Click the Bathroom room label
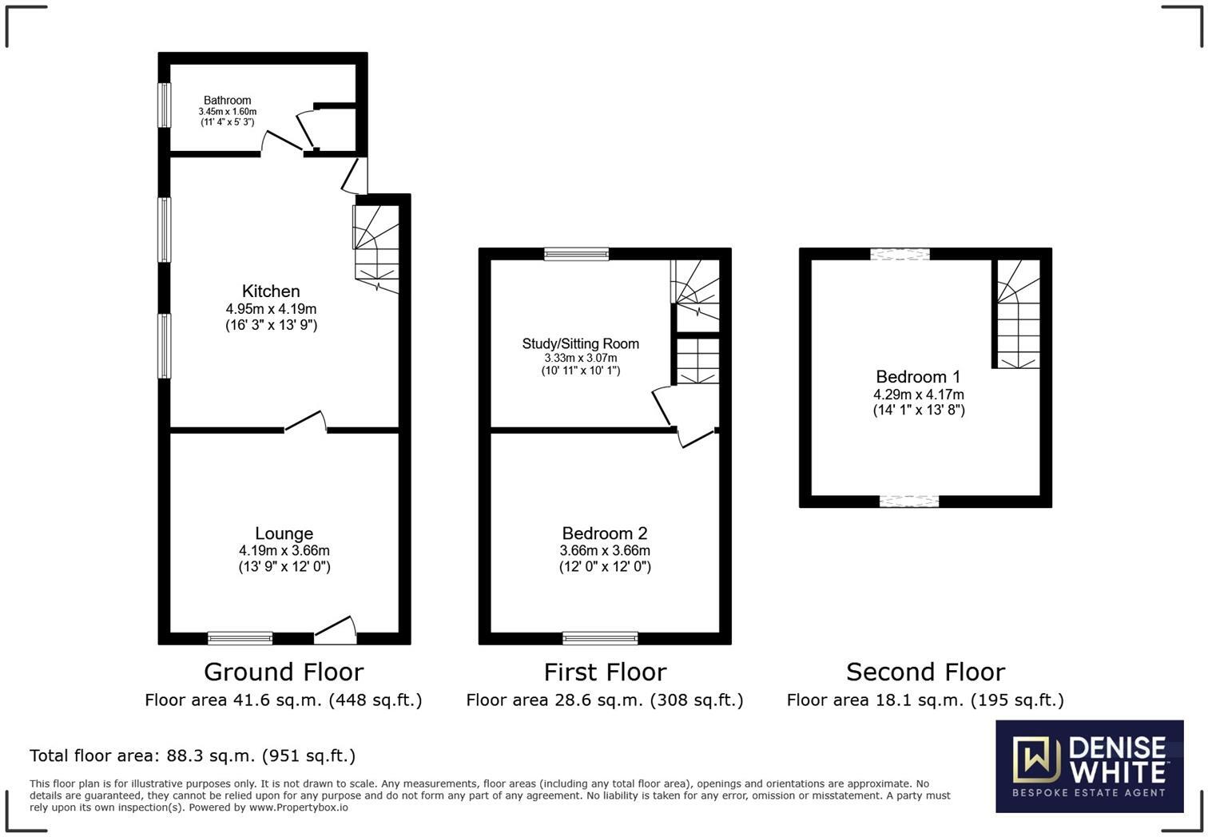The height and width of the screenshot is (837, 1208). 227,101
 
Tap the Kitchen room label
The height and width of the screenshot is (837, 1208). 271,292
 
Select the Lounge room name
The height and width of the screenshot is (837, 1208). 284,534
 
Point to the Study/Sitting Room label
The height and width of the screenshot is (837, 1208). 580,344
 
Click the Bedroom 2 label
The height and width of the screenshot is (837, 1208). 604,534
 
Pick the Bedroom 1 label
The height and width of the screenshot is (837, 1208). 918,377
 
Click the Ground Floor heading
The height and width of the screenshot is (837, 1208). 284,672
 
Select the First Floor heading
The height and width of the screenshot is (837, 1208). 605,672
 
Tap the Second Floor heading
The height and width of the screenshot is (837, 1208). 925,672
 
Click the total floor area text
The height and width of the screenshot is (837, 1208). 193,756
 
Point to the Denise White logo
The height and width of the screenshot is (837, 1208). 1089,767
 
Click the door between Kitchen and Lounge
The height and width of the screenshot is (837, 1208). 306,423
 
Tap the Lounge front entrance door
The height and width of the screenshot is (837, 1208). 336,632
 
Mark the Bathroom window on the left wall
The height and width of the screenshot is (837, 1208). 164,105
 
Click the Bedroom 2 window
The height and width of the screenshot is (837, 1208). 600,638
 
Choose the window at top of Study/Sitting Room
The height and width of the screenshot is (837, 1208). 576,254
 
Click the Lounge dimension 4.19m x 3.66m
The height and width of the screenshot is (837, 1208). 284,551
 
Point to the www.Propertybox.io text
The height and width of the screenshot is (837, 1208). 298,807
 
